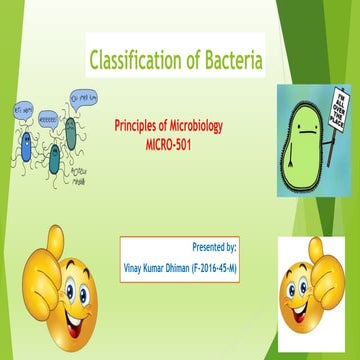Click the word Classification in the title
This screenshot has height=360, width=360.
[x=134, y=62]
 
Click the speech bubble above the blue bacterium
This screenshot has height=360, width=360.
[x=20, y=107]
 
